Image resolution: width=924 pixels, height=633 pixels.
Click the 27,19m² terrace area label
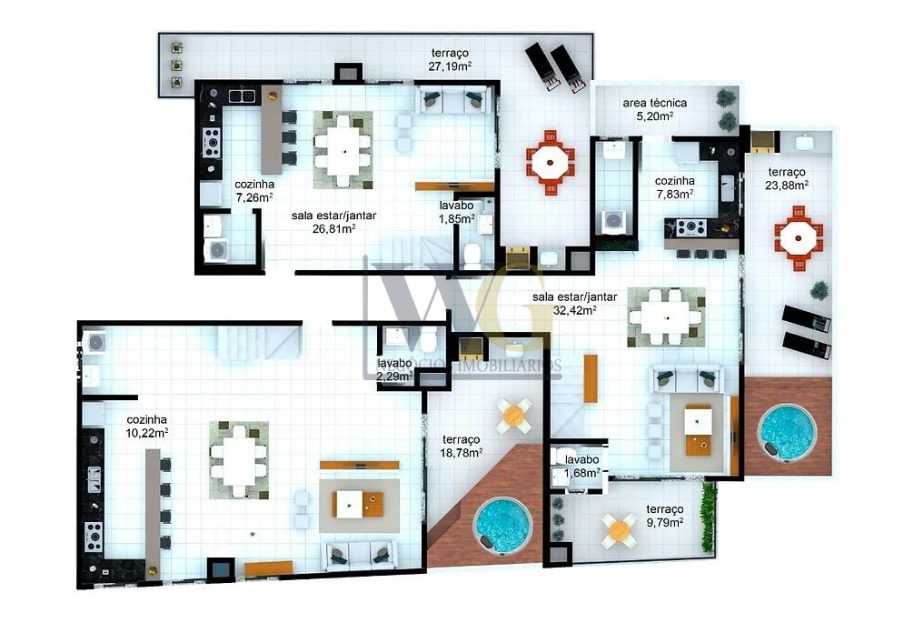pyautogui.click(x=450, y=59)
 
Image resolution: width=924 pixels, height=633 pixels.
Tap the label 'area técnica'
pyautogui.click(x=654, y=109)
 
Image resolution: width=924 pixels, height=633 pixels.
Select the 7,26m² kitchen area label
pyautogui.click(x=254, y=189)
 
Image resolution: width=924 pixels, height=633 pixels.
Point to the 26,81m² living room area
pyautogui.click(x=334, y=222)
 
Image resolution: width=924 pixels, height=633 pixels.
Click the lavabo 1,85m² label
pyautogui.click(x=457, y=212)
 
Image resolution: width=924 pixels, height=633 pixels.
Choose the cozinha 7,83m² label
pyautogui.click(x=674, y=186)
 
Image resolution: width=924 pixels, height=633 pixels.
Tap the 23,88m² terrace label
pyautogui.click(x=788, y=177)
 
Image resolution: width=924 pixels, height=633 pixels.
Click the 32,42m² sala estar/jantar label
pyautogui.click(x=576, y=303)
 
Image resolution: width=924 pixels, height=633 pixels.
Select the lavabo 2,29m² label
pyautogui.click(x=394, y=368)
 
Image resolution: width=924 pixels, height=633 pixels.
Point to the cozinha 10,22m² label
pyautogui.click(x=147, y=426)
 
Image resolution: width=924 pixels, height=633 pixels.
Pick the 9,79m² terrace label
pyautogui.click(x=664, y=516)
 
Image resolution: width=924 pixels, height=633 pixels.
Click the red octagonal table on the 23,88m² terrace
pyautogui.click(x=800, y=236)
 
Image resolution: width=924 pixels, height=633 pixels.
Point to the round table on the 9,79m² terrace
pyautogui.click(x=620, y=527)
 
